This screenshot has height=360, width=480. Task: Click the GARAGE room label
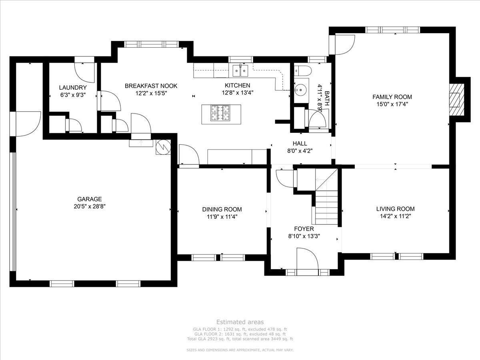tap(90, 199)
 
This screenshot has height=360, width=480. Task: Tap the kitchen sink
tap(240, 71)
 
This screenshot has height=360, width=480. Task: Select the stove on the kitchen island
tap(220, 113)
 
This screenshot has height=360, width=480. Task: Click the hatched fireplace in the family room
tap(457, 100)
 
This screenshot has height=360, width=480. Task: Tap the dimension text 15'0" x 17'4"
tap(392, 104)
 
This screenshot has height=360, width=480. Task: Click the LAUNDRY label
tap(73, 88)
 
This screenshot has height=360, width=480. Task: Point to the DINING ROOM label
tap(222, 209)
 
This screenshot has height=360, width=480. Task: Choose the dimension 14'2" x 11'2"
tap(395, 216)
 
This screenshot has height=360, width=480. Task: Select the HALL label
tap(300, 143)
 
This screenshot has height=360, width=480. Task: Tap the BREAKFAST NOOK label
tap(151, 86)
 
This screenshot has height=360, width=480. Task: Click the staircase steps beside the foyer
tap(326, 207)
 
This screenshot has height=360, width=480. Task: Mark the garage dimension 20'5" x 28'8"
tap(90, 206)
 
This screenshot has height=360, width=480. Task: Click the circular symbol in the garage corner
tap(163, 147)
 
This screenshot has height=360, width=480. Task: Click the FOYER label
tap(304, 229)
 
